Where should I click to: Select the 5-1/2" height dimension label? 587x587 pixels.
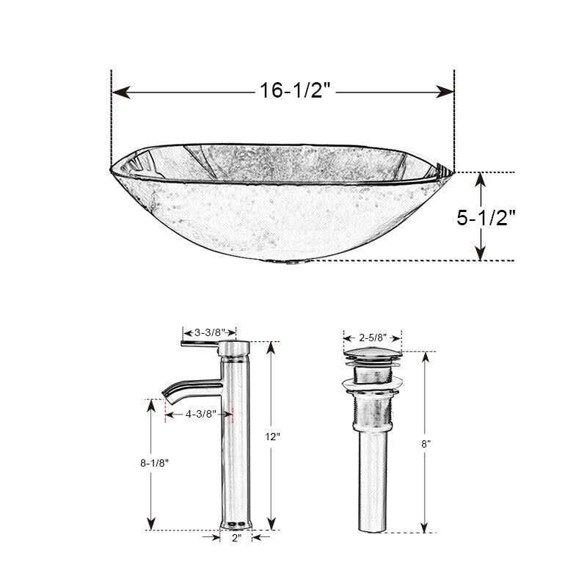tap(486, 218)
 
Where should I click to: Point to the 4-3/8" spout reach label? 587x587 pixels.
tap(200, 414)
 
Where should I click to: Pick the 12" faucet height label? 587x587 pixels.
tap(273, 437)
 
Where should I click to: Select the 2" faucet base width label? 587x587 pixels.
tap(236, 538)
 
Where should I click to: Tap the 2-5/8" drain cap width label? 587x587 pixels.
tap(372, 338)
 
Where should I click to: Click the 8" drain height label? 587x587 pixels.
tap(426, 444)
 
